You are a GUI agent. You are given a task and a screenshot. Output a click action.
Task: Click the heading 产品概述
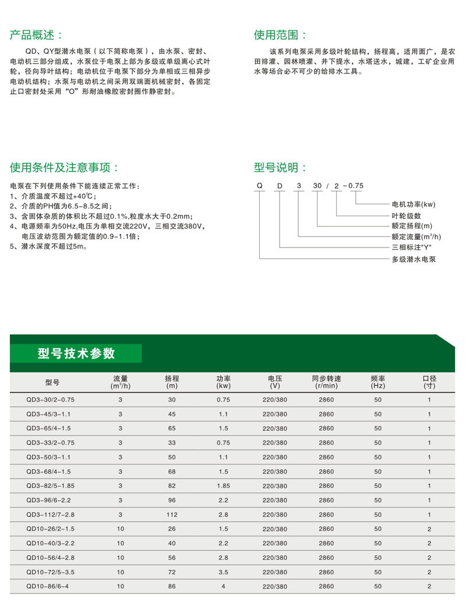tap(40, 35)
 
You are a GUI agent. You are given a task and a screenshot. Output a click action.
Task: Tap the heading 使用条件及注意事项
tap(65, 168)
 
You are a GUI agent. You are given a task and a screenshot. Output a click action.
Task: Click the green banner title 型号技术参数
tap(76, 353)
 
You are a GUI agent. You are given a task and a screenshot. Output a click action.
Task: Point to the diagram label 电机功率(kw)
tap(414, 204)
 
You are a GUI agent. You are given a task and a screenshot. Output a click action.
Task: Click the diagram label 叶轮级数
tap(407, 215)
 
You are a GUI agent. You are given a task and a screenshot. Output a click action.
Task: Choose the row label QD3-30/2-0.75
tap(51, 400)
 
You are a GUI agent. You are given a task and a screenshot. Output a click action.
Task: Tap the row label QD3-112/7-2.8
tap(51, 514)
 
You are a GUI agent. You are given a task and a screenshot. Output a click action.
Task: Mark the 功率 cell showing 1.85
tap(223, 486)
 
